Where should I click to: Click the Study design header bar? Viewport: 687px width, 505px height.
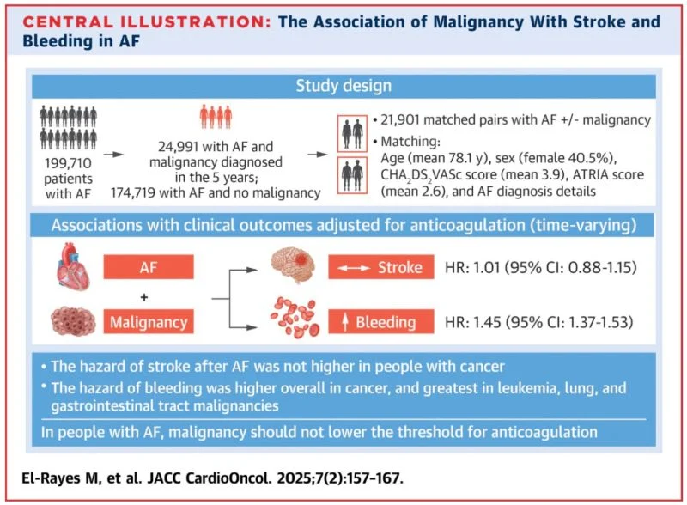[343, 86]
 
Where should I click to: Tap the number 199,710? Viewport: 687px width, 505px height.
[68, 163]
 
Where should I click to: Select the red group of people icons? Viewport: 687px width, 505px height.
[216, 117]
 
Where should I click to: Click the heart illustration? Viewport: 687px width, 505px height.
[74, 266]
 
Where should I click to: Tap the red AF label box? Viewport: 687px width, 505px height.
[149, 267]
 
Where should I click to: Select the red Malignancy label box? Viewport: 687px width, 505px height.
[149, 322]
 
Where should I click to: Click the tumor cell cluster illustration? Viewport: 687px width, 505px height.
[73, 322]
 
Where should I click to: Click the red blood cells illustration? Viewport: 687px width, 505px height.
[295, 319]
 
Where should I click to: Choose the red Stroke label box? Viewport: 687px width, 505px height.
[381, 267]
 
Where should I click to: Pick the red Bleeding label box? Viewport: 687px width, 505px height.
[381, 322]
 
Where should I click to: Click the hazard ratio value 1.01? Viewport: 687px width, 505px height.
[487, 267]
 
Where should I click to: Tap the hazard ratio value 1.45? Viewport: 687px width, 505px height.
[487, 322]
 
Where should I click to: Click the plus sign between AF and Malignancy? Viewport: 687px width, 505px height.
[144, 297]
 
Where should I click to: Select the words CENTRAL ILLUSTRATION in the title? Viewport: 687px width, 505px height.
[147, 22]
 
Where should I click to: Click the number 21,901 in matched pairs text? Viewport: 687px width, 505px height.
[399, 119]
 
